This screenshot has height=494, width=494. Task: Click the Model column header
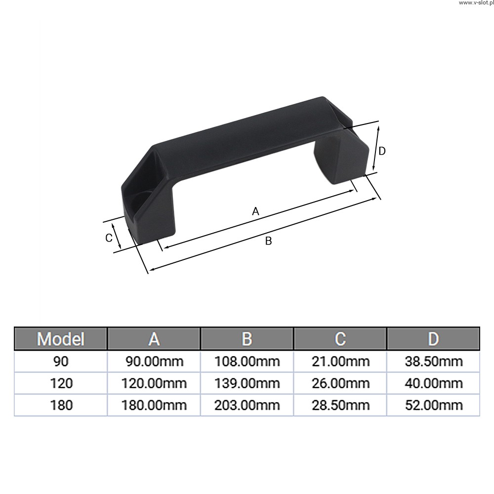pos(60,339)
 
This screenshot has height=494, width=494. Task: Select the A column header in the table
pos(154,339)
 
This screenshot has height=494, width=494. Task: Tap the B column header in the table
pos(247,339)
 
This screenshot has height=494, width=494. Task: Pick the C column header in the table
pos(340,339)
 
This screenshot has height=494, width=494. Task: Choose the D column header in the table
pos(434,339)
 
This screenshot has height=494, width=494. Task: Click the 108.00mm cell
pos(247,362)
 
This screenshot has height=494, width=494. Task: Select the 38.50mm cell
pos(434,362)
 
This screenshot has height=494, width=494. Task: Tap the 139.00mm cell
pos(247,383)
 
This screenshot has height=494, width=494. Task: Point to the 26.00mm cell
pos(340,383)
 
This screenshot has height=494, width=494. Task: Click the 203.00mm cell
pos(247,405)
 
